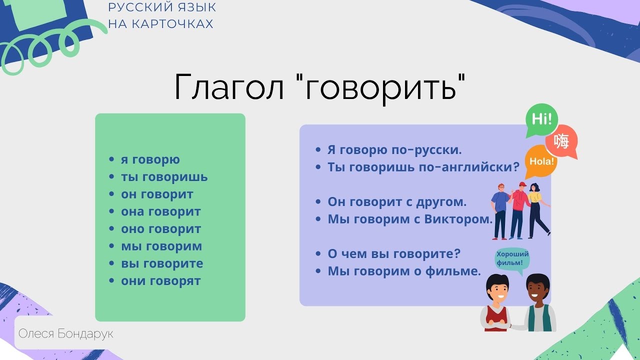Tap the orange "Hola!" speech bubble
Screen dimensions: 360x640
coord(542,161)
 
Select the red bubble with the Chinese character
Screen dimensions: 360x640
coord(561,141)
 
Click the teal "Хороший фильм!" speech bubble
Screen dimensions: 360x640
coord(512,259)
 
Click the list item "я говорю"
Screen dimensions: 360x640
coord(150,160)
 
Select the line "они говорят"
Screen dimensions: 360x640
coord(160,281)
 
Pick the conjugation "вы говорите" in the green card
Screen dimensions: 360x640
coord(162,263)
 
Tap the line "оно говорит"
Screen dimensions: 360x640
coord(161,229)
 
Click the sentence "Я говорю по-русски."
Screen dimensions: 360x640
coord(394,149)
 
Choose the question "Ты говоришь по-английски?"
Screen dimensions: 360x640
coord(423,167)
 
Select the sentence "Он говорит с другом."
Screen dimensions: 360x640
coord(396,202)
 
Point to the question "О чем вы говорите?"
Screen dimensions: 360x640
coord(393,253)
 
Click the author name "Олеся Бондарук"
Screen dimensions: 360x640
coord(65,333)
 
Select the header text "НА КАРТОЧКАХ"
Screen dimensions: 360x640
coord(160,24)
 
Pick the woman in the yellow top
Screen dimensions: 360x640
coord(536,207)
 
